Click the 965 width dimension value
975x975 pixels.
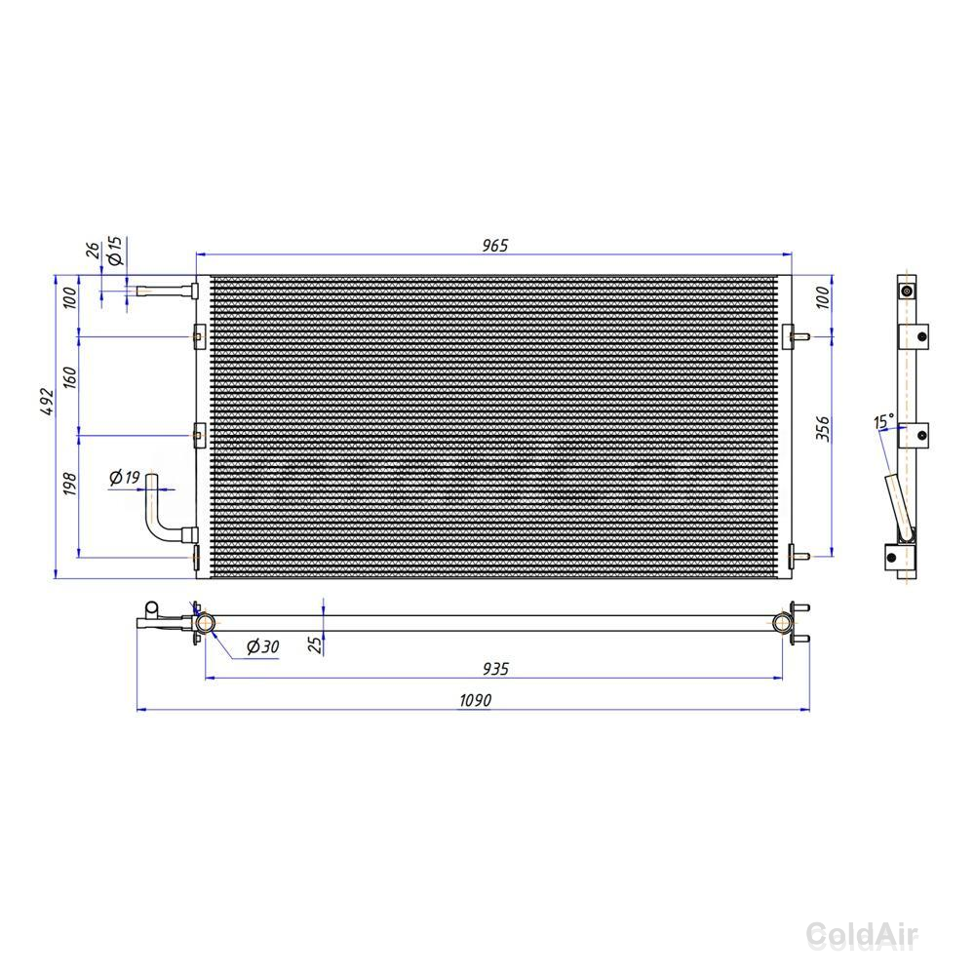495,246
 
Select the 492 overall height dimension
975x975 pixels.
48,403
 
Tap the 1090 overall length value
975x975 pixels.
476,701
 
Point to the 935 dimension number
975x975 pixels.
495,669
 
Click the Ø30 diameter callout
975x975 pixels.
263,646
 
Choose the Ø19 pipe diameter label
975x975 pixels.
125,478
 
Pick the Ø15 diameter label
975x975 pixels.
116,251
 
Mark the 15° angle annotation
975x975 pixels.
883,421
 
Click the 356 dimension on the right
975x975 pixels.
823,429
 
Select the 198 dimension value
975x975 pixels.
70,484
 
